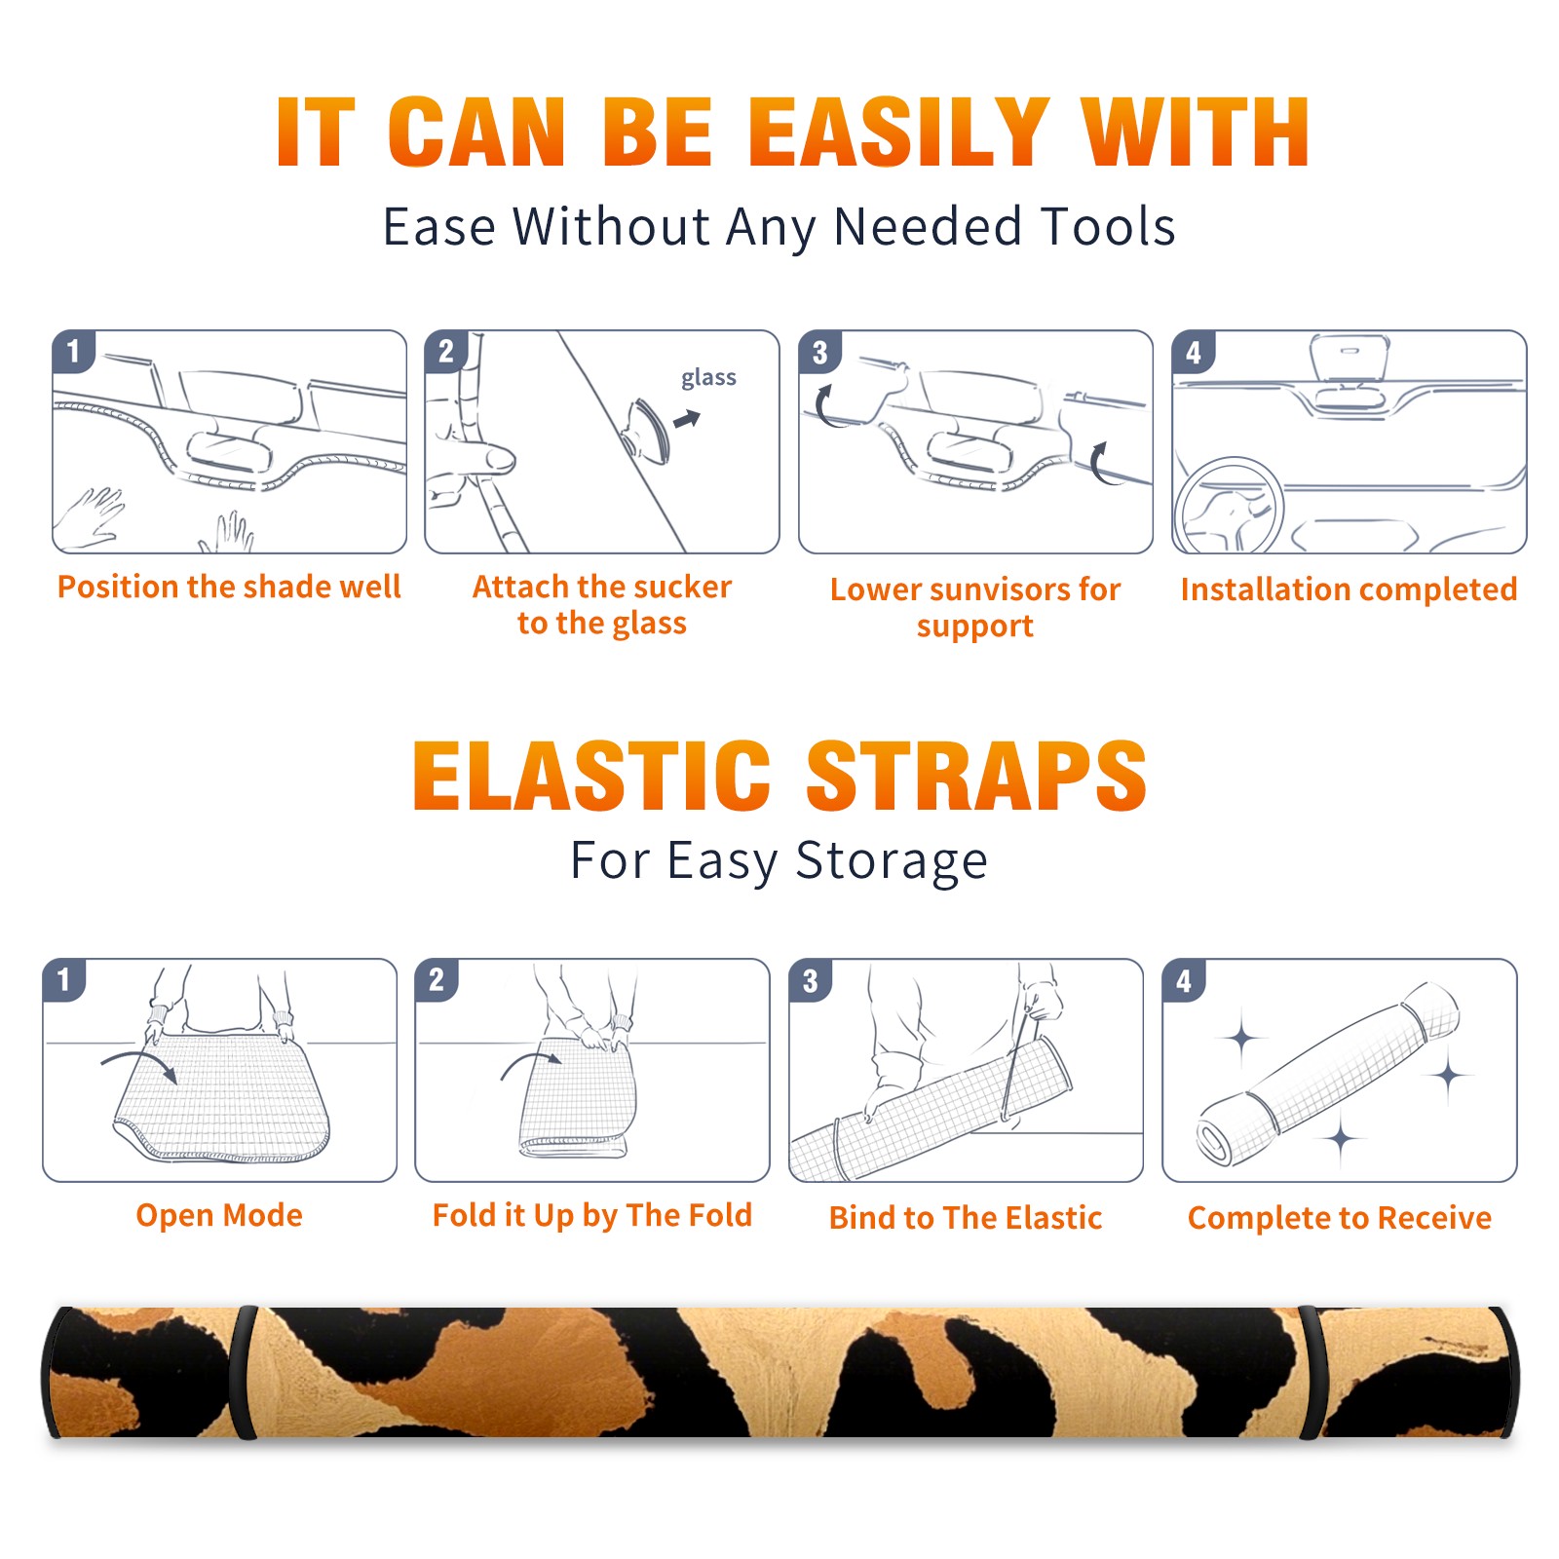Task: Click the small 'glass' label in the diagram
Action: pyautogui.click(x=708, y=378)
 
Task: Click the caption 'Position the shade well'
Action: pyautogui.click(x=229, y=587)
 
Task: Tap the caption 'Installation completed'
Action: pyautogui.click(x=1349, y=589)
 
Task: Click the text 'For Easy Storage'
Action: pyautogui.click(x=779, y=860)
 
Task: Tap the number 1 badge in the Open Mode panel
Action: pyautogui.click(x=64, y=980)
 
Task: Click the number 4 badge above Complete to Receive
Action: pyautogui.click(x=1184, y=980)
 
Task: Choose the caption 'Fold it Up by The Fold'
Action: pyautogui.click(x=592, y=1215)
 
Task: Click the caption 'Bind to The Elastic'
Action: pyautogui.click(x=966, y=1218)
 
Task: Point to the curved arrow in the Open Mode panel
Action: pyautogui.click(x=138, y=1061)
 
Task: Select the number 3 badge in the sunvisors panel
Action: pyautogui.click(x=819, y=352)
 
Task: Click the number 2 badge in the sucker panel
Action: pyautogui.click(x=446, y=352)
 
